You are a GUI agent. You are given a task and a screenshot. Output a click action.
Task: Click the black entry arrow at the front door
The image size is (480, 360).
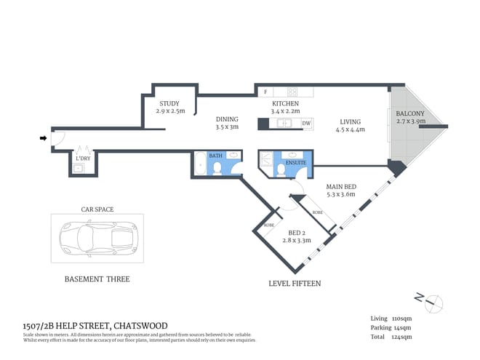[43, 137]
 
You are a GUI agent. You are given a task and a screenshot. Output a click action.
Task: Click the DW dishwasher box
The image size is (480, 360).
[306, 124]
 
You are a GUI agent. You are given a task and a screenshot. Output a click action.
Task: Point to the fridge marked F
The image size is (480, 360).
[265, 92]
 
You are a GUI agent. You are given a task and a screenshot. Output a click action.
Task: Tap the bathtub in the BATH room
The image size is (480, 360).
[201, 166]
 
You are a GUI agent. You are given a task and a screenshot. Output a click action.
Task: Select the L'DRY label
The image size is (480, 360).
[83, 158]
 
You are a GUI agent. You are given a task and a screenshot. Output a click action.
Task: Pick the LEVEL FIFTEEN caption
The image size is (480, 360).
[294, 283]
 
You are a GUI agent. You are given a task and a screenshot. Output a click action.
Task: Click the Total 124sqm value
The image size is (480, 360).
[391, 337]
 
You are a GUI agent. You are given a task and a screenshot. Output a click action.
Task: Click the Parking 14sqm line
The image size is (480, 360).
[391, 328]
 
